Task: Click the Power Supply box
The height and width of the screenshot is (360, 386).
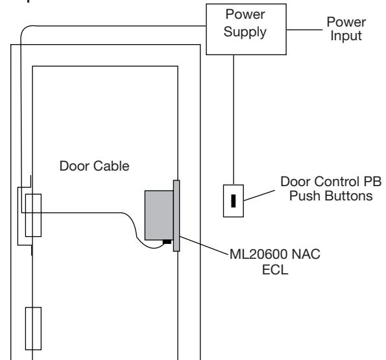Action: click(x=246, y=29)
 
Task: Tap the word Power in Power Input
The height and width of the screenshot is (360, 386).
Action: click(x=346, y=22)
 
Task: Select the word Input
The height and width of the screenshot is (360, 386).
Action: click(x=346, y=36)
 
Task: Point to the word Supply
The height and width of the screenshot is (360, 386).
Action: click(x=245, y=32)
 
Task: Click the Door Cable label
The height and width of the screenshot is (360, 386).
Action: click(x=94, y=166)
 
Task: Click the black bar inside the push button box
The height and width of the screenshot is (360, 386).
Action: click(x=233, y=201)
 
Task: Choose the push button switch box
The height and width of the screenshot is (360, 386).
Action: click(x=234, y=201)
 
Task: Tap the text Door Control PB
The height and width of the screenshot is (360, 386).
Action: click(x=331, y=182)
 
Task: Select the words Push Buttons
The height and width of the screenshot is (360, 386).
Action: click(x=331, y=196)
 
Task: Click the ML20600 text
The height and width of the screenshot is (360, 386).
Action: click(x=258, y=254)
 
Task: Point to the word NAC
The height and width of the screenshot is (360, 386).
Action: click(x=306, y=254)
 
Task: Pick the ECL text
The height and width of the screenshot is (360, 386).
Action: click(x=274, y=270)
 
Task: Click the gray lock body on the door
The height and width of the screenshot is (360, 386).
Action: click(x=159, y=215)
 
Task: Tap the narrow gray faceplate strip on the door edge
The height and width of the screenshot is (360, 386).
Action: click(x=176, y=216)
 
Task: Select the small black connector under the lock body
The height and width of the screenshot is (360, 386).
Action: click(x=167, y=242)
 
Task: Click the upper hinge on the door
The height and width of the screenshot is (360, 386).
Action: click(x=33, y=215)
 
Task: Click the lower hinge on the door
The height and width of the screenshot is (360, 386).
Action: click(x=33, y=328)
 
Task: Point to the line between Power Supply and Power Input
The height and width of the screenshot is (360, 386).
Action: click(x=304, y=30)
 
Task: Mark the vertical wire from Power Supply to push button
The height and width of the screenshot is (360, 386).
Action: click(x=234, y=120)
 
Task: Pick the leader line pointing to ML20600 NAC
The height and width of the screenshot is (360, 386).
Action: click(x=204, y=245)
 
